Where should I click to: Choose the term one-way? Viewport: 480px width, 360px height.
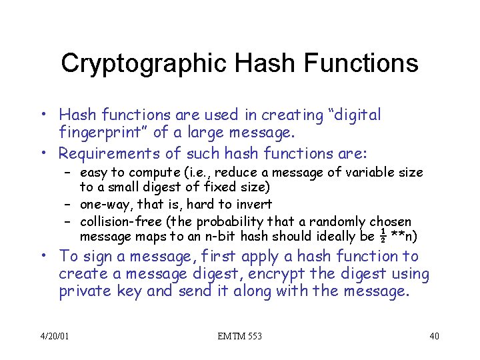(x=106, y=204)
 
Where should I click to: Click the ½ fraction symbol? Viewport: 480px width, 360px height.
(x=381, y=235)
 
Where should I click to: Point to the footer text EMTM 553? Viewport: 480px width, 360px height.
(x=240, y=336)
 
